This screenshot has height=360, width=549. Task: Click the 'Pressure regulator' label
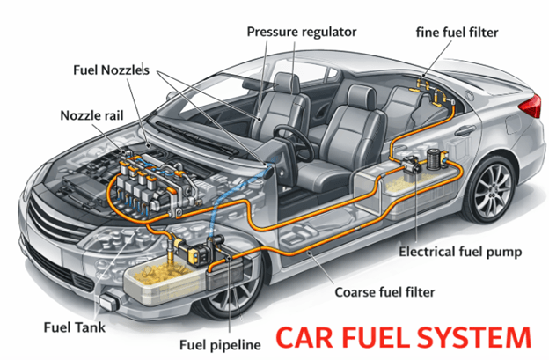pos(301,33)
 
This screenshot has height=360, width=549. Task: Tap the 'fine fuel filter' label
pos(457,33)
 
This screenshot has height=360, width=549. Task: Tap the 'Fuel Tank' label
pos(75,327)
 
